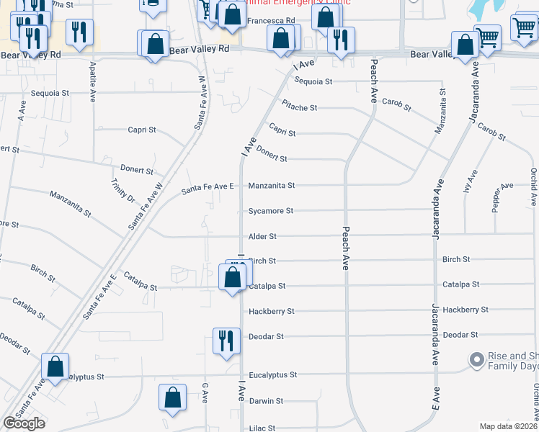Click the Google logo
[x=24, y=423]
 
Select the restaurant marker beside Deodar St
[x=226, y=341]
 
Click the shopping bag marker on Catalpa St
[x=232, y=278]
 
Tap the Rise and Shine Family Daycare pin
[x=476, y=359]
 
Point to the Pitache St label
[x=299, y=107]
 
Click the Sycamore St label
[x=271, y=211]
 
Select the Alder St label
[x=262, y=236]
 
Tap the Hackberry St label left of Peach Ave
[x=271, y=312]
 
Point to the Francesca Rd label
[x=271, y=21]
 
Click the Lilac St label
[x=262, y=428]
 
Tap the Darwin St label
[x=265, y=401]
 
